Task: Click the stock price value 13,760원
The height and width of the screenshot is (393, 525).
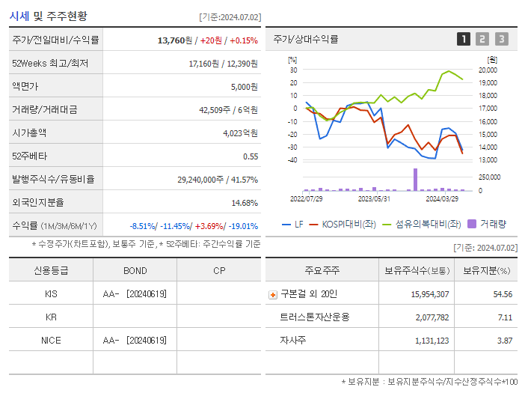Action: tap(177, 40)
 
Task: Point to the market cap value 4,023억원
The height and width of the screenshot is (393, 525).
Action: tap(240, 133)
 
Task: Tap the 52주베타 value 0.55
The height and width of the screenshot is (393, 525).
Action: tap(250, 156)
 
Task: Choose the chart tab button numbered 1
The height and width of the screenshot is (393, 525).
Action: tap(464, 39)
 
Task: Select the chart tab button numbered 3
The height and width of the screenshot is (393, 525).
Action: tap(501, 39)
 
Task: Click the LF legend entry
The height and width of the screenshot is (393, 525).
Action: tap(292, 223)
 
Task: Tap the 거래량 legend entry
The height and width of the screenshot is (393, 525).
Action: tap(487, 223)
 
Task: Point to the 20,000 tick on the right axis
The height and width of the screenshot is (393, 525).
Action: tap(487, 70)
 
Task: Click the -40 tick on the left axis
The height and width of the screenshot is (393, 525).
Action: tap(292, 159)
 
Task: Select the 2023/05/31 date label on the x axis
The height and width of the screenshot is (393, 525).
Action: tap(375, 199)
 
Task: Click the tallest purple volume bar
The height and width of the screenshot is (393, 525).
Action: tap(415, 180)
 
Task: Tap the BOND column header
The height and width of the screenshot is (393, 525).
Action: tap(135, 270)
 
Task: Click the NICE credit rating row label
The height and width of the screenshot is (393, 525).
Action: tap(51, 341)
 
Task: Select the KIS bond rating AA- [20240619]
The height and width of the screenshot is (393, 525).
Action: tap(135, 294)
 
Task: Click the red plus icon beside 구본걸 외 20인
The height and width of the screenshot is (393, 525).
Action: tap(273, 295)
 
